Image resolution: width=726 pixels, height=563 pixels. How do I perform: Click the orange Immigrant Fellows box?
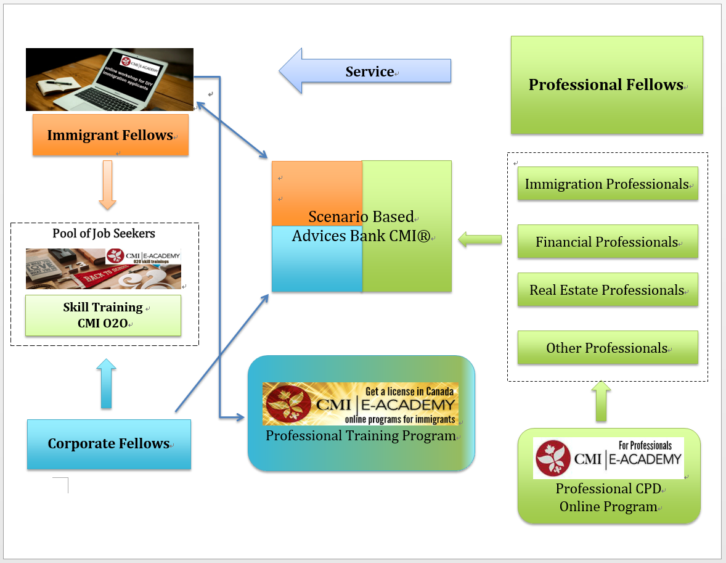pyautogui.click(x=110, y=135)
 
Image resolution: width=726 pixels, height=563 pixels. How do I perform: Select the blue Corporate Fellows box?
pyautogui.click(x=108, y=444)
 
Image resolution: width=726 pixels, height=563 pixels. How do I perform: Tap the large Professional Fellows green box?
pyautogui.click(x=606, y=85)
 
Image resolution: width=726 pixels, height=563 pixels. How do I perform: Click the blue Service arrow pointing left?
pyautogui.click(x=365, y=72)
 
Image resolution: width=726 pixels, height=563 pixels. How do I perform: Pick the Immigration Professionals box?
pyautogui.click(x=607, y=184)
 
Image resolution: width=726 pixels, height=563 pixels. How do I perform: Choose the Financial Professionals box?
pyautogui.click(x=607, y=242)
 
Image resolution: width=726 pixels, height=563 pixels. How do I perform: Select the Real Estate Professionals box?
pyautogui.click(x=607, y=290)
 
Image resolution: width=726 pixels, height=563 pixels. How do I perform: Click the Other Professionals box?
pyautogui.click(x=607, y=348)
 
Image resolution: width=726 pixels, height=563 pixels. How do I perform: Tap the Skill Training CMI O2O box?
pyautogui.click(x=103, y=315)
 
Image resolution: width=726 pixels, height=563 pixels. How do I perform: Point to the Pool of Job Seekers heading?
pyautogui.click(x=104, y=233)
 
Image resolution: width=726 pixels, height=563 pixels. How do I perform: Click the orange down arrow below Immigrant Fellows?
pyautogui.click(x=107, y=185)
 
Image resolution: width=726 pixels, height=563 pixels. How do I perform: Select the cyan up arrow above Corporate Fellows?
pyautogui.click(x=107, y=384)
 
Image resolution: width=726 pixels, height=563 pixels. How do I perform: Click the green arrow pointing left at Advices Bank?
pyautogui.click(x=479, y=240)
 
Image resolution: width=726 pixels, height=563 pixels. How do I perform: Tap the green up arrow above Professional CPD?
pyautogui.click(x=601, y=401)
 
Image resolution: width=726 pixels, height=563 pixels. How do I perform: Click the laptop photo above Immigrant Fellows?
pyautogui.click(x=109, y=80)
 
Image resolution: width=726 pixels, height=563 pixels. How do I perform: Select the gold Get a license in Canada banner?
pyautogui.click(x=360, y=403)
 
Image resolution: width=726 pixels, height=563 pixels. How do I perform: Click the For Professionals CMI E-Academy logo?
pyautogui.click(x=608, y=458)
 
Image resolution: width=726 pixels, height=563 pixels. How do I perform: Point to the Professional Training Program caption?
pyautogui.click(x=361, y=436)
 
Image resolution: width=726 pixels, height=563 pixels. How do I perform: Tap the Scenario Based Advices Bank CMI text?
pyautogui.click(x=361, y=226)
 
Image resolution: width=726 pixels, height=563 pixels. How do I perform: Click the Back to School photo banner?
pyautogui.click(x=103, y=269)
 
